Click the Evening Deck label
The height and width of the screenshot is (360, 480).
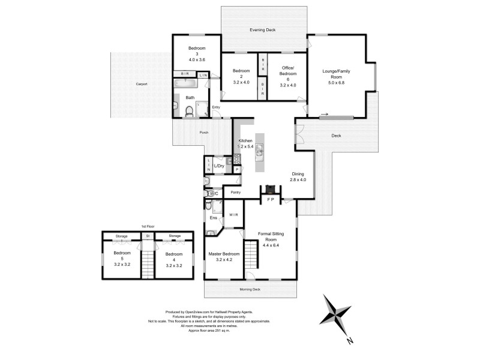(263, 29)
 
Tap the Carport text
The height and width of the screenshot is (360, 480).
(142, 84)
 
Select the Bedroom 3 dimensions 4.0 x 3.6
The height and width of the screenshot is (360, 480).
(197, 59)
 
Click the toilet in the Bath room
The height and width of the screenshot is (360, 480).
(188, 110)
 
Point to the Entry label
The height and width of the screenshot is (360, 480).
(216, 108)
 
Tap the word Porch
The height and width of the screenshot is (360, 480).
(204, 132)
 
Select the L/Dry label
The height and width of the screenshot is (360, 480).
(219, 166)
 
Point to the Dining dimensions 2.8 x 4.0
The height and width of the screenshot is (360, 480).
(298, 179)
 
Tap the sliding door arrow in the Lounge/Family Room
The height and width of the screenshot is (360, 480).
(324, 113)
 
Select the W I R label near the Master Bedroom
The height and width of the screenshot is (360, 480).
(233, 214)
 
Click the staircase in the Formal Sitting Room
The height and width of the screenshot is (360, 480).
(251, 253)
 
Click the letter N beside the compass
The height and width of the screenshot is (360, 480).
(350, 341)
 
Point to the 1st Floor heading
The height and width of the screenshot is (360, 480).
(148, 226)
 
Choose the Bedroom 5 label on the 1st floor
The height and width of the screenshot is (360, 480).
(122, 257)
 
